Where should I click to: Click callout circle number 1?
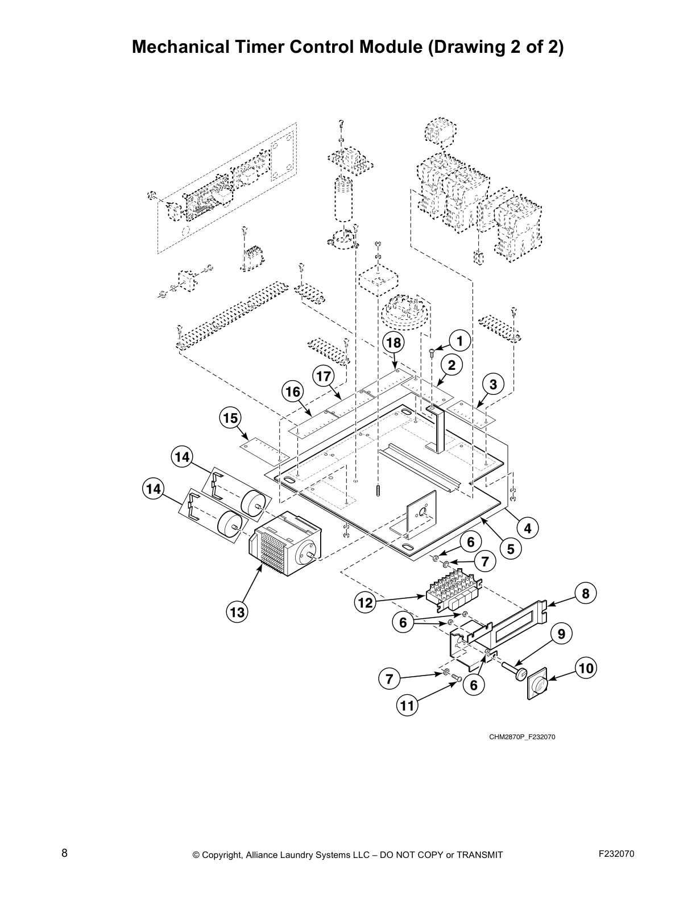coord(460,341)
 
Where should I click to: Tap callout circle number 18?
coord(393,343)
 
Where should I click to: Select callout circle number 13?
coord(237,612)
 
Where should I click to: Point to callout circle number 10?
coord(586,669)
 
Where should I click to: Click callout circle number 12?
coord(365,603)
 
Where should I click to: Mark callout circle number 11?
coord(407,706)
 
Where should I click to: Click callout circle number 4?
coord(528,528)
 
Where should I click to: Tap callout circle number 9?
coord(561,634)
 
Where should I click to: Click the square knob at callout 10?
coord(537,682)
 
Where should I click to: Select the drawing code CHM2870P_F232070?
coord(521,737)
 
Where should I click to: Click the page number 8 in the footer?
coord(64,853)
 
